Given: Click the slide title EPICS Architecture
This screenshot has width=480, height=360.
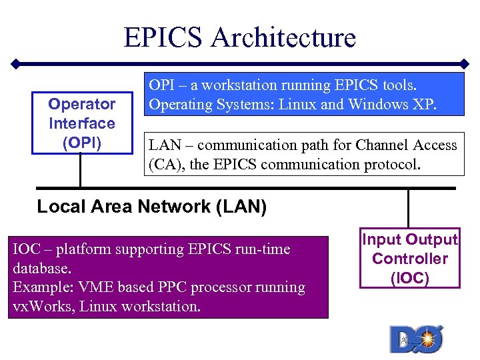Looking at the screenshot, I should click(x=239, y=37).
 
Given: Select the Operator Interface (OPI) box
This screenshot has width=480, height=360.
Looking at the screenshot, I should click(x=82, y=123).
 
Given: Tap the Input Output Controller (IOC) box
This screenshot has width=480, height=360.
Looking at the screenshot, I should click(x=409, y=259).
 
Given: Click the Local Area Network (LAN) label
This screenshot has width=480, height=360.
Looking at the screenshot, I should click(x=152, y=207).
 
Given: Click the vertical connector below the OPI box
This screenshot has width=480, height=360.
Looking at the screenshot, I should click(x=80, y=171).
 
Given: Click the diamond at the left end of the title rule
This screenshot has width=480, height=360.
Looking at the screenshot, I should click(x=15, y=65).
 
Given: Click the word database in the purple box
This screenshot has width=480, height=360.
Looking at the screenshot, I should click(x=40, y=269).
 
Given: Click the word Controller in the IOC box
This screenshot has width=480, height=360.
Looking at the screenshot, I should click(x=409, y=259).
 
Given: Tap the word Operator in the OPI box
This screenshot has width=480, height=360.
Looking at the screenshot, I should click(x=82, y=105).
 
